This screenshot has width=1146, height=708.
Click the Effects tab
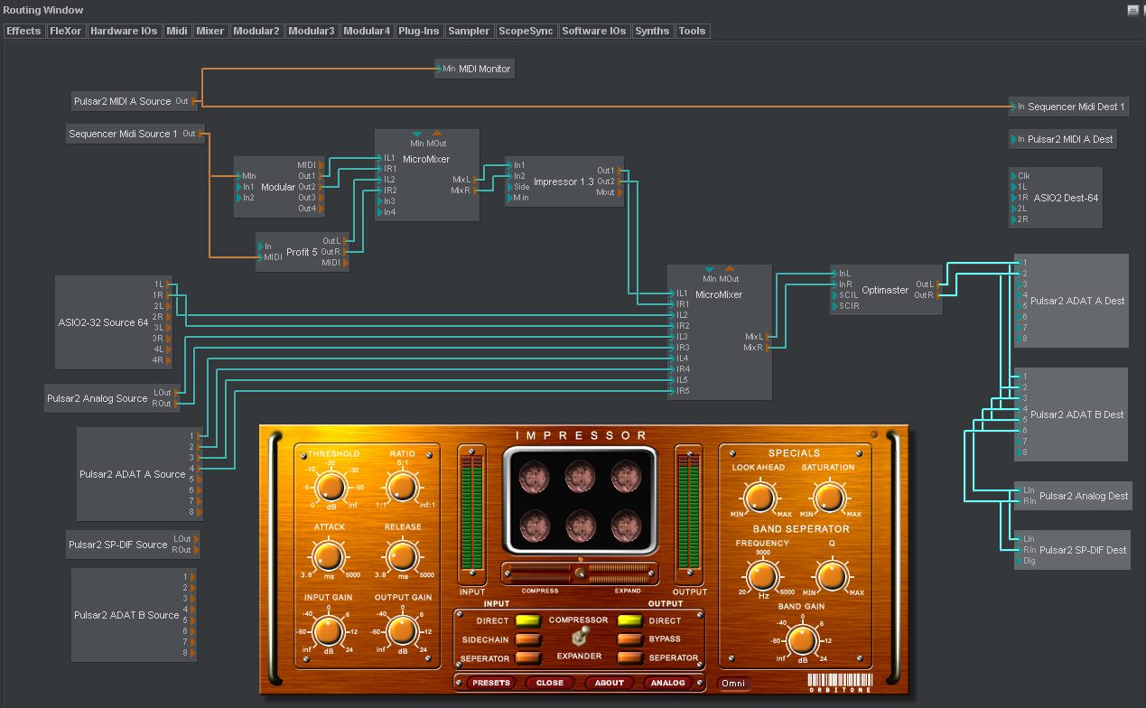23,31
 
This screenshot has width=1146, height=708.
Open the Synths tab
652,31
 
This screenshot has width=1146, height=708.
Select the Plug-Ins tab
419,31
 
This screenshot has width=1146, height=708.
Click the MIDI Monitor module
484,69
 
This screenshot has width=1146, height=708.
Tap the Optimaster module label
885,290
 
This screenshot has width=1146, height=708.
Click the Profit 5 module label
302,252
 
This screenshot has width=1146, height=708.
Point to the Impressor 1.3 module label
564,182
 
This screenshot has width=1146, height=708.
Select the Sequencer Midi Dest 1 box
1076,107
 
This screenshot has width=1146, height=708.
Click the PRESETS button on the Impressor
490,683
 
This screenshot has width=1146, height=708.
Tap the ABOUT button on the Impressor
609,683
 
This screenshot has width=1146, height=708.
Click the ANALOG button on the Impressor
669,683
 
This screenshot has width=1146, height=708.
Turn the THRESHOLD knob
331,488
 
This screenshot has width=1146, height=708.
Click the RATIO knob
403,488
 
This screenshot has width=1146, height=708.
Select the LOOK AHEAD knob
759,498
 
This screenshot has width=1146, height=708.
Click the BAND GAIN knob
801,639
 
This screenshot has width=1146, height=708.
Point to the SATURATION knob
828,498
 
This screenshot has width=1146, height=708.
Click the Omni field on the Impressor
733,684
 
